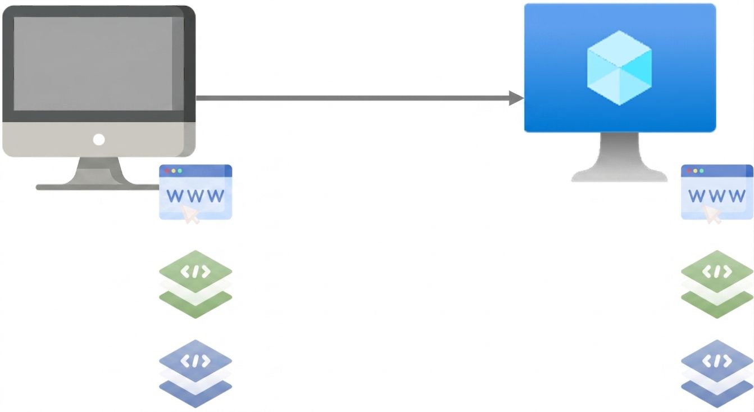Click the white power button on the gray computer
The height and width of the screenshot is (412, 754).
coord(99,139)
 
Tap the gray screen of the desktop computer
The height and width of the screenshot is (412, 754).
coord(99,64)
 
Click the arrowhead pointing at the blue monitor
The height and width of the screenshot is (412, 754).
coord(516,98)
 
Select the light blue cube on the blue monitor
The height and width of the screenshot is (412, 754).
coord(619,68)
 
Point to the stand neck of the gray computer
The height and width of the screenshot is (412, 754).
coord(99,171)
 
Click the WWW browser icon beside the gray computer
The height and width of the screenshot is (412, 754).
coord(196,192)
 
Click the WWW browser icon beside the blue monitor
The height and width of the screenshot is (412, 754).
coord(717,192)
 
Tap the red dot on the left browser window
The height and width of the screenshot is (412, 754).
coord(167,171)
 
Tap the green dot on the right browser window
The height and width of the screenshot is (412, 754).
coord(702,171)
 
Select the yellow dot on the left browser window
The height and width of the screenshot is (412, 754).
coord(174,171)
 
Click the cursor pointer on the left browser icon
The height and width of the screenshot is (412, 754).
coord(190,214)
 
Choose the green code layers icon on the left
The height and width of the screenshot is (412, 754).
coord(196,284)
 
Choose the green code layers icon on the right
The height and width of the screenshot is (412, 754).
coord(717,284)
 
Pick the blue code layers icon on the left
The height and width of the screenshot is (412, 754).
coord(196,374)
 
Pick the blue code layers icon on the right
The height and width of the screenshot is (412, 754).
coord(717,374)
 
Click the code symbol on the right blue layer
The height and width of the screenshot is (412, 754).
coord(717,361)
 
